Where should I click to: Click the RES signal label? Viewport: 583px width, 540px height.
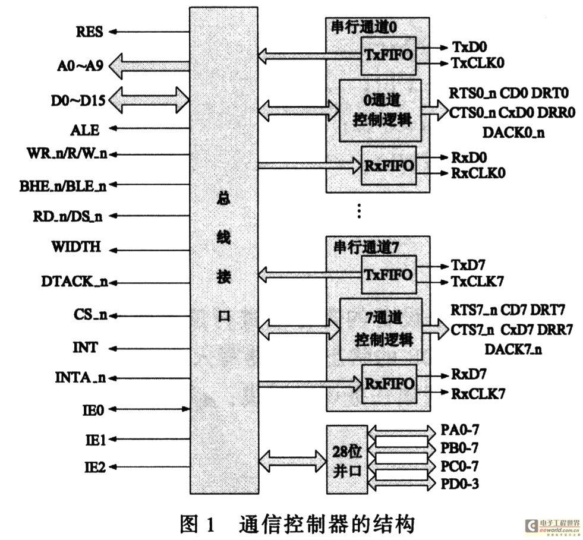pyautogui.click(x=89, y=32)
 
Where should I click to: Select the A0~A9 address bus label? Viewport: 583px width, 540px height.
pyautogui.click(x=80, y=66)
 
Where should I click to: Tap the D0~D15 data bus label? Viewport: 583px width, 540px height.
pyautogui.click(x=78, y=100)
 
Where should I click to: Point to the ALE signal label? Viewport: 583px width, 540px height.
pyautogui.click(x=85, y=131)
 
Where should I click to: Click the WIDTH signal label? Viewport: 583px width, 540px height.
pyautogui.click(x=76, y=247)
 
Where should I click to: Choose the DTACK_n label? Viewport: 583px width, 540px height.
pyautogui.click(x=74, y=282)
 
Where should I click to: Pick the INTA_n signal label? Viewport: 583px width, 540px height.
pyautogui.click(x=80, y=378)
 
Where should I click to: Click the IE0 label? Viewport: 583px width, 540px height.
pyautogui.click(x=93, y=410)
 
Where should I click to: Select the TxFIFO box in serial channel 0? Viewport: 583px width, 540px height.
pyautogui.click(x=389, y=56)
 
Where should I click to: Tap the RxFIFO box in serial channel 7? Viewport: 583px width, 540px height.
pyautogui.click(x=389, y=384)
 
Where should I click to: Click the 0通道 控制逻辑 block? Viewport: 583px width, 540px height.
pyautogui.click(x=380, y=110)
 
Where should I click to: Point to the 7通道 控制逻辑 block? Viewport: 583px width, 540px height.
pyautogui.click(x=381, y=329)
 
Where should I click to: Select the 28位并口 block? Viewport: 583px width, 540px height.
pyautogui.click(x=347, y=460)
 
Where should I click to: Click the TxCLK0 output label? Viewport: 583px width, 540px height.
pyautogui.click(x=478, y=63)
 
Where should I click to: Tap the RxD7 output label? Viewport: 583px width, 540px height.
pyautogui.click(x=468, y=374)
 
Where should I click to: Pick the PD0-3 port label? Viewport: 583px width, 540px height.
pyautogui.click(x=459, y=484)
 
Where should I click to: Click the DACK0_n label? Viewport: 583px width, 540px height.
pyautogui.click(x=513, y=132)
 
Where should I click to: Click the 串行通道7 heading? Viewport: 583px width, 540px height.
pyautogui.click(x=366, y=247)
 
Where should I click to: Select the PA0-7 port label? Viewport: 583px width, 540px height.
pyautogui.click(x=459, y=430)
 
